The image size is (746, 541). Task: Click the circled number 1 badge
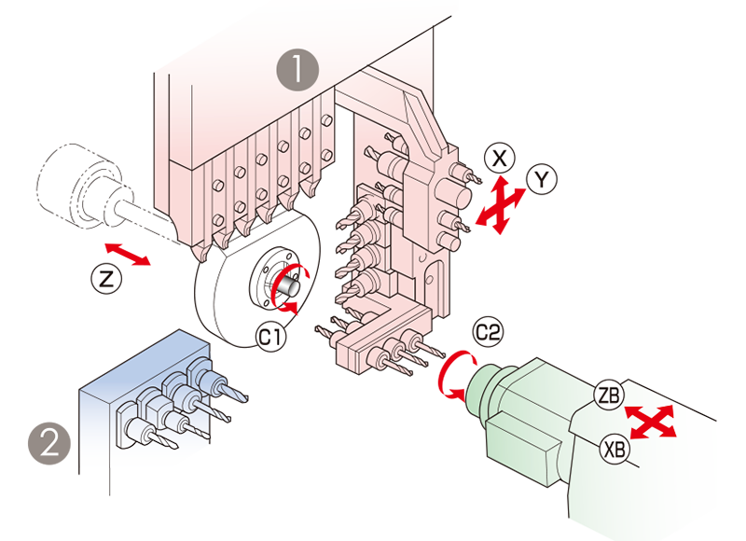coord(297,70)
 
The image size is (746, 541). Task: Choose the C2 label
coord(488,331)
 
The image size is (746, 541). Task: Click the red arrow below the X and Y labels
coord(508,224)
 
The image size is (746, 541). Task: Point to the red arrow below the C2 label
coord(446,378)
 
